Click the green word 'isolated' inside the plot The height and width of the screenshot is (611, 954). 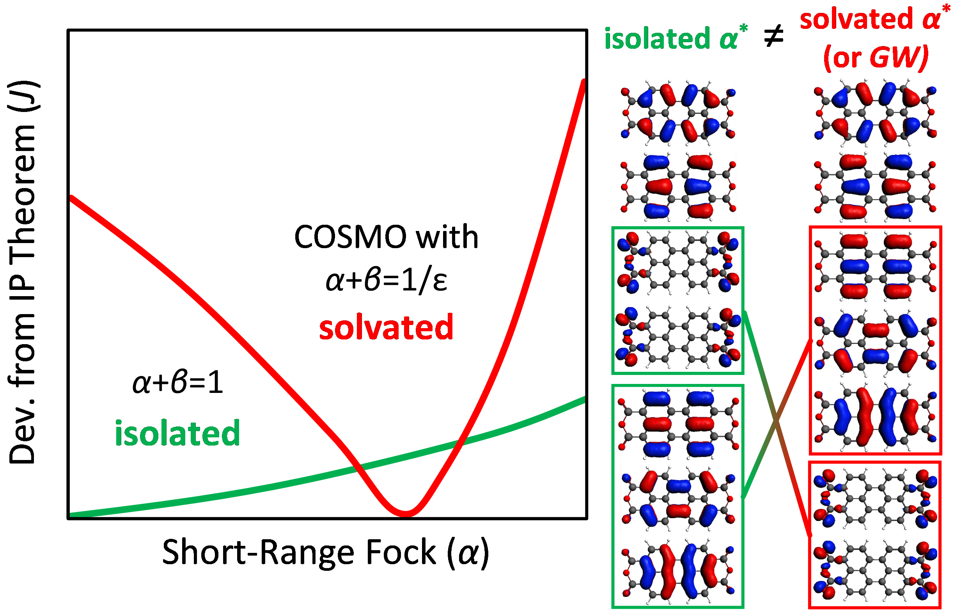(177, 433)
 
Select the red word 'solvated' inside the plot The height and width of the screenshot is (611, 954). (386, 327)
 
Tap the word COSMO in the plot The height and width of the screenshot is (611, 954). (350, 237)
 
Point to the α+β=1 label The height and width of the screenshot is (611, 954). (177, 383)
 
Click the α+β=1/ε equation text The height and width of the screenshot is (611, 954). (386, 280)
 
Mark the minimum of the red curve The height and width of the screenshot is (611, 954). (405, 513)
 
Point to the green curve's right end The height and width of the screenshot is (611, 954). (584, 399)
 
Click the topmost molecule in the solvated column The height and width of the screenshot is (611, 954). (875, 113)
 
